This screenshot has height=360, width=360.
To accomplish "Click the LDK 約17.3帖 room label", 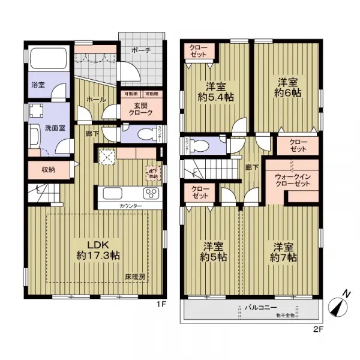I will (97, 251).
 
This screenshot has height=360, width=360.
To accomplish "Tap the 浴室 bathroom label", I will (38, 85).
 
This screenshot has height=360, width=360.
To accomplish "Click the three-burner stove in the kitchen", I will (150, 194).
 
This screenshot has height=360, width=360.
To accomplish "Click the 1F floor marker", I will (161, 304).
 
